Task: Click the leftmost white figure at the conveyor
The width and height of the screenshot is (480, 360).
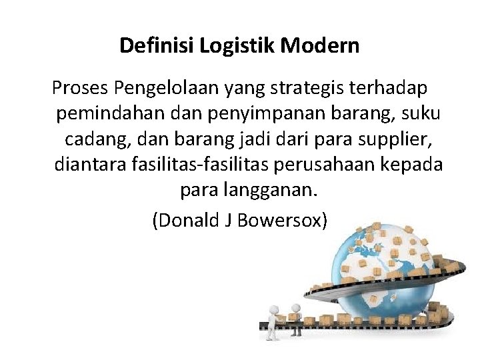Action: click(272, 318)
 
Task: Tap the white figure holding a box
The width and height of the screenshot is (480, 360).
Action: click(295, 313)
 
